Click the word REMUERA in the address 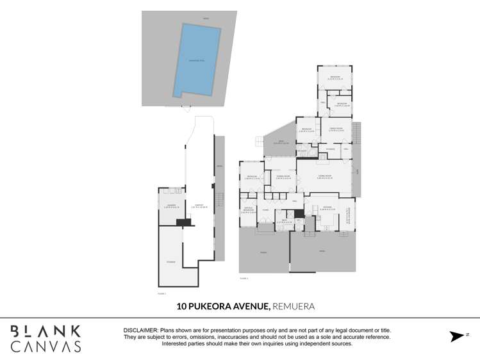click(x=294, y=307)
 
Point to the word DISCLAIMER click(x=140, y=330)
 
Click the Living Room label click(x=324, y=176)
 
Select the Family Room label click(x=336, y=129)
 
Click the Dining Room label click(x=283, y=176)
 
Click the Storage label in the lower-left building click(x=170, y=262)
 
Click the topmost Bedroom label click(x=335, y=78)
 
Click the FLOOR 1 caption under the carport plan click(x=161, y=293)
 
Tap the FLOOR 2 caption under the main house click(x=244, y=279)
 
